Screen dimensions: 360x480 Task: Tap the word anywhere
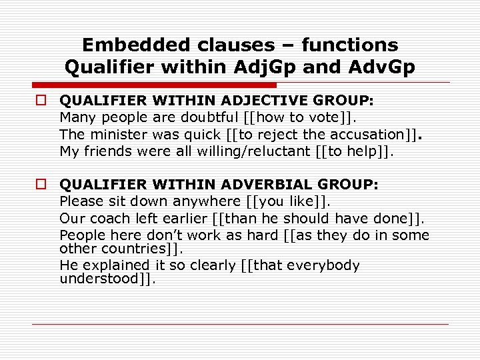205,201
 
